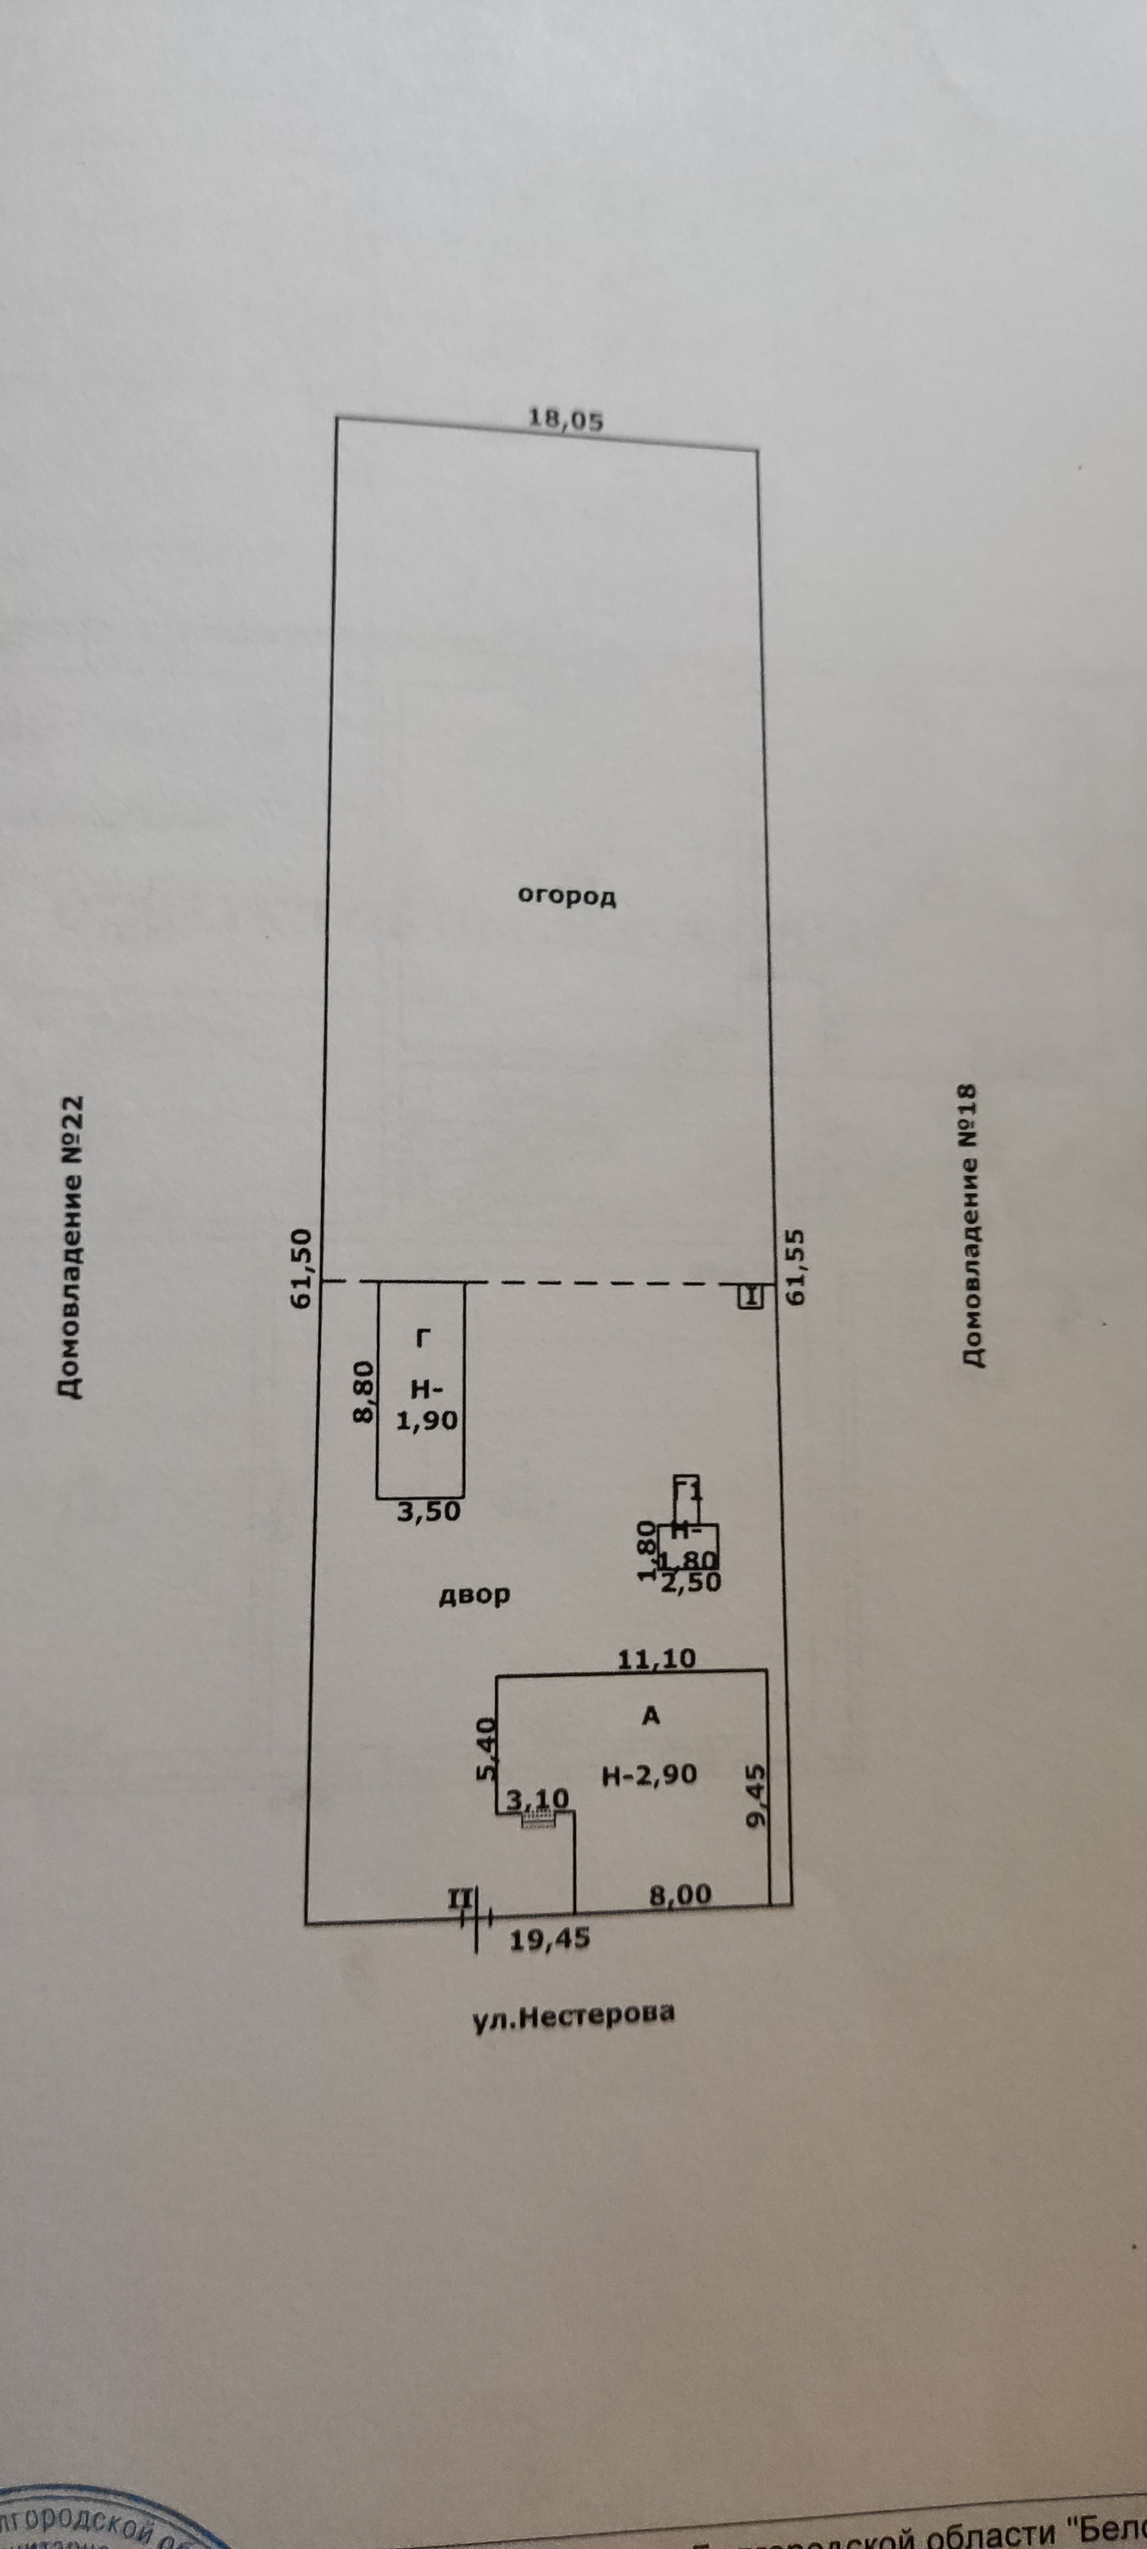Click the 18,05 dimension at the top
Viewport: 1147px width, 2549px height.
[565, 419]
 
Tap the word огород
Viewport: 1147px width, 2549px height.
[568, 897]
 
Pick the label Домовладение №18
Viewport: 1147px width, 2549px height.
[969, 1225]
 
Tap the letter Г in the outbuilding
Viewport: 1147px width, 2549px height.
[424, 1339]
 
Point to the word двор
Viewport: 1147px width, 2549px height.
[475, 1594]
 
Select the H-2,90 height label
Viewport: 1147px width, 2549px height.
[649, 1775]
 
